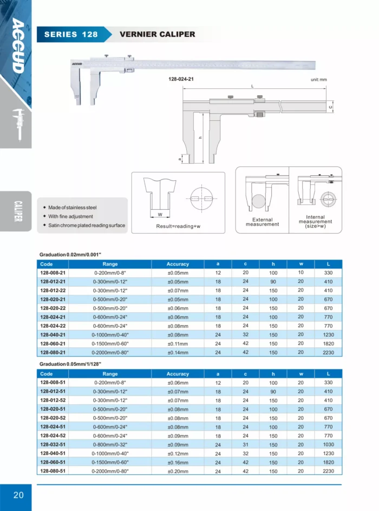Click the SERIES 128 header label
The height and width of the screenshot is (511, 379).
71,34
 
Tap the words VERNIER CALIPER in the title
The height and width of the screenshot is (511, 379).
157,34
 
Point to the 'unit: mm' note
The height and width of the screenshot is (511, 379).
319,80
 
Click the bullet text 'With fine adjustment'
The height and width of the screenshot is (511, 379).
70,216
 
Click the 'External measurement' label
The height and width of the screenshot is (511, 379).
263,222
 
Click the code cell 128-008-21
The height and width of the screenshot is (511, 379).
53,273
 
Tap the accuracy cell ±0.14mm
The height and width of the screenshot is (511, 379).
178,352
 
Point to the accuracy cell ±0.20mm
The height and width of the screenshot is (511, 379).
178,471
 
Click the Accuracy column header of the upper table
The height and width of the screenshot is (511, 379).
178,264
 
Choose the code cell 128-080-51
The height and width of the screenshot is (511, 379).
53,471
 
